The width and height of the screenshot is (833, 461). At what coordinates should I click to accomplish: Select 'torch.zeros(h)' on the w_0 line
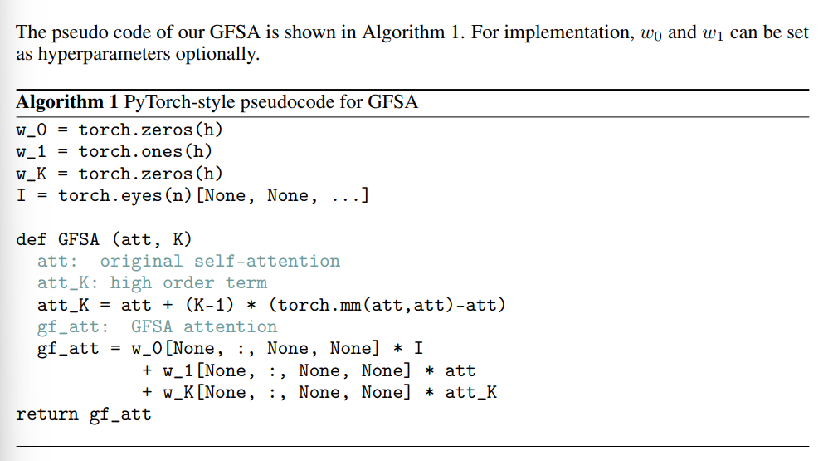(x=151, y=130)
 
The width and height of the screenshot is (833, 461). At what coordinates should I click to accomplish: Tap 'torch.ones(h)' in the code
(x=146, y=152)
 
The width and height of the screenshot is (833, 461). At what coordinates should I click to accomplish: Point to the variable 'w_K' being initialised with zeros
(x=32, y=174)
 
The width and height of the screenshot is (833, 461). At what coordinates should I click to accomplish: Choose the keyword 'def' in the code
(x=32, y=240)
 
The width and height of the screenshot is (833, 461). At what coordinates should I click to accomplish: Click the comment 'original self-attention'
(x=220, y=262)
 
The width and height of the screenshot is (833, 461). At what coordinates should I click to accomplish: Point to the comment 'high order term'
(x=188, y=283)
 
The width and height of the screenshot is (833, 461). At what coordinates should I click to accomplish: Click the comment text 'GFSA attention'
(x=204, y=327)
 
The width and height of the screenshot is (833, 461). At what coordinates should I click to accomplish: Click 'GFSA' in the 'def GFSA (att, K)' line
(x=79, y=240)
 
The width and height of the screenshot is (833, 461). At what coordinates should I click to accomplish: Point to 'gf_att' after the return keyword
(x=120, y=414)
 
